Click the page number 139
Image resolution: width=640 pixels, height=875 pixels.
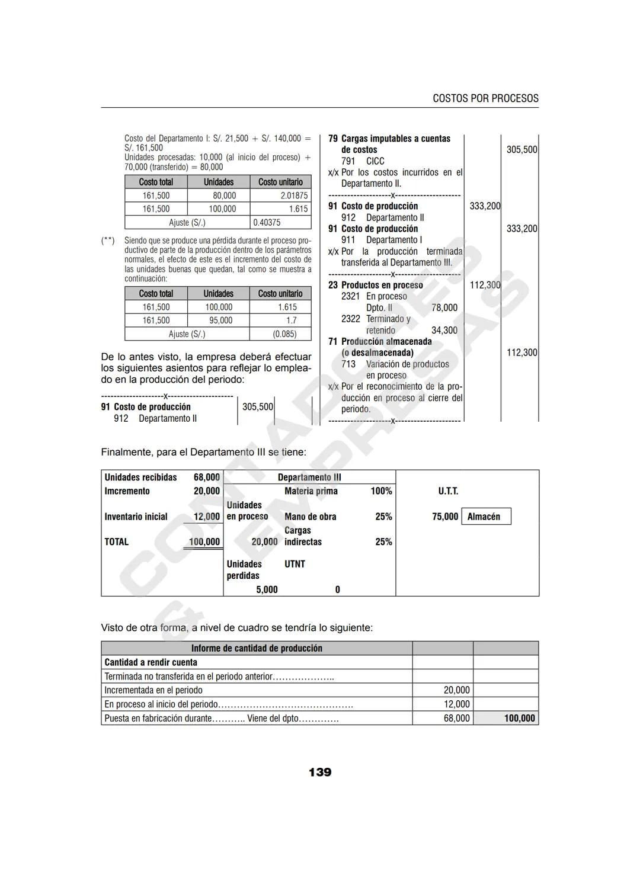coord(319,772)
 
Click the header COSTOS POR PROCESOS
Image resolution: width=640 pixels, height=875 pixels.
coord(485,98)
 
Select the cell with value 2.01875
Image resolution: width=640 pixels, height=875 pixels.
coord(294,195)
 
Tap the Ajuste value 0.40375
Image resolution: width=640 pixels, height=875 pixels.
coord(267,223)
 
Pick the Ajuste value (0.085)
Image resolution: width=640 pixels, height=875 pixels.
coord(284,334)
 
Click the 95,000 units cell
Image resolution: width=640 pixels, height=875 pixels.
coord(220,320)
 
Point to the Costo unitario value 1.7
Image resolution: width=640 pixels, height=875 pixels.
coord(291,320)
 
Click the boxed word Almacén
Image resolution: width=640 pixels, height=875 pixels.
coord(484,517)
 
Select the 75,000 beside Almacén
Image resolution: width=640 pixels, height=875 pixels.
coord(445,517)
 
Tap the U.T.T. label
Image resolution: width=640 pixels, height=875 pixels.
coord(448,491)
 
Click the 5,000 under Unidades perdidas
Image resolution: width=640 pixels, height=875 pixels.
coord(267,589)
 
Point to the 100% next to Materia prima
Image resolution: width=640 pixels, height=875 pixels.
coord(381,491)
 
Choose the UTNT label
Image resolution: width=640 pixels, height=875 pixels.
coord(295,564)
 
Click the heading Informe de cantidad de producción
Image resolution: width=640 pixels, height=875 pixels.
coord(257,648)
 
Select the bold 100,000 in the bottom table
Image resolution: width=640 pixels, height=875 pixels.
coord(519,718)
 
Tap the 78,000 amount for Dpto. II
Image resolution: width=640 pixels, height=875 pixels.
coord(444,307)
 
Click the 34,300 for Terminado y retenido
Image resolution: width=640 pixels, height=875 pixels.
coord(444,331)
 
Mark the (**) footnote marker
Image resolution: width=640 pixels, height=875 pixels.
coord(108,241)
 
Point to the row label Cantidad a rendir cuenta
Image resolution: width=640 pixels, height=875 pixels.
coord(151,662)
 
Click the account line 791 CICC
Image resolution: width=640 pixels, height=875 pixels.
coord(363,161)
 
